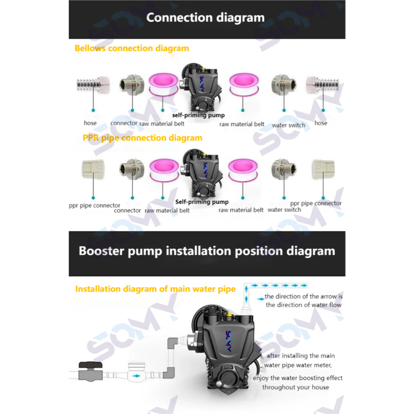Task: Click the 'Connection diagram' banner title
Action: (x=205, y=18)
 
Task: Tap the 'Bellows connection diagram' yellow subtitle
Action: (x=132, y=49)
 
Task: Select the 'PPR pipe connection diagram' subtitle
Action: (x=142, y=138)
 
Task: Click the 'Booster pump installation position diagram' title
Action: (x=207, y=251)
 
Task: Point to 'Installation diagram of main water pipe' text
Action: (x=155, y=289)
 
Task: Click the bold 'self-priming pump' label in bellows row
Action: (x=198, y=116)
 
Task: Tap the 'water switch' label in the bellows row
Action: (x=288, y=125)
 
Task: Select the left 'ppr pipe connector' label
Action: (x=95, y=205)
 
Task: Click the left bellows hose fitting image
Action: (x=93, y=85)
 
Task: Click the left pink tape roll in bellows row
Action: (x=163, y=85)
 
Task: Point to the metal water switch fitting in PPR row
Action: (x=283, y=169)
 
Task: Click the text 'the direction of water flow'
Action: (x=303, y=305)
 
